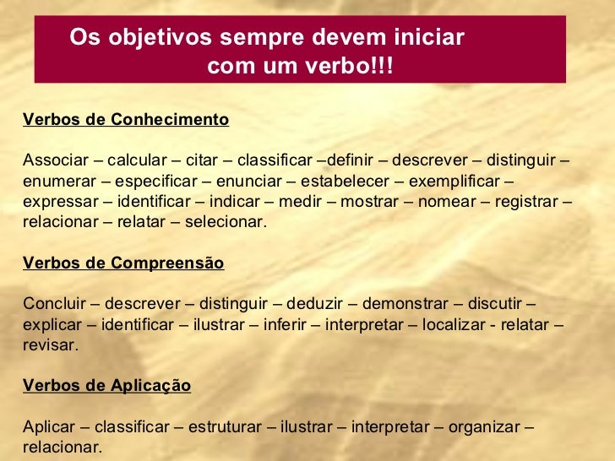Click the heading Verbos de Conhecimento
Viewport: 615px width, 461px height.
pos(126,119)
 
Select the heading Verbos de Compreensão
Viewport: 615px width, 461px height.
pos(123,263)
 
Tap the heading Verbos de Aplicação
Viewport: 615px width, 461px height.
pos(107,386)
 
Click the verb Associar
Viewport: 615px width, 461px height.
pos(53,160)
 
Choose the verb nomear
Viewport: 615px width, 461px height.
pos(446,203)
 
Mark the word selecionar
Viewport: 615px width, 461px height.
pos(228,223)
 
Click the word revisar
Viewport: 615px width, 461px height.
pos(51,345)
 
